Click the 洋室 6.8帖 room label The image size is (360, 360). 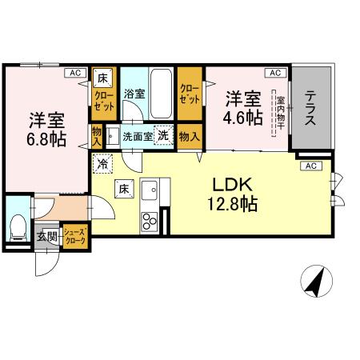(x=46, y=127)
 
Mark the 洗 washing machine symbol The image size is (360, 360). (x=162, y=135)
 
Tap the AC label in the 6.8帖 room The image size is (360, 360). (x=77, y=73)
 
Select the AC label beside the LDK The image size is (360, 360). (x=310, y=166)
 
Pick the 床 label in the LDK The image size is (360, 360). (x=124, y=189)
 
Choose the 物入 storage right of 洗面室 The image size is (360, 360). (x=189, y=136)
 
